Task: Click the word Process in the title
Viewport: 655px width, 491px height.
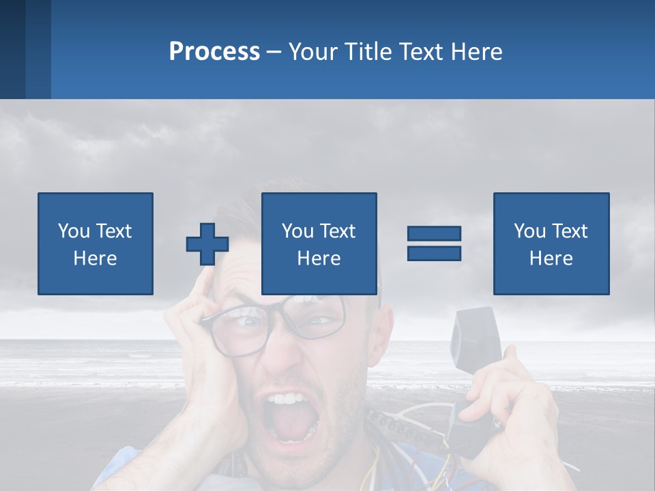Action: (214, 52)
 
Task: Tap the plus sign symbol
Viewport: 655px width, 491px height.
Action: (207, 243)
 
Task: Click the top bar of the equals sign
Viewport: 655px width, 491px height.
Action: (434, 234)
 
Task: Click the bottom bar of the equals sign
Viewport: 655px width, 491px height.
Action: (434, 253)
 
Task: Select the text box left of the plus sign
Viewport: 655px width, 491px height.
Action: (96, 243)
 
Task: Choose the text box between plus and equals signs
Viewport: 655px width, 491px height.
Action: (319, 243)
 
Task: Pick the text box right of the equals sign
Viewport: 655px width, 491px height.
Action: (551, 243)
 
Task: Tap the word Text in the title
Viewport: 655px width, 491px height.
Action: (419, 52)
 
